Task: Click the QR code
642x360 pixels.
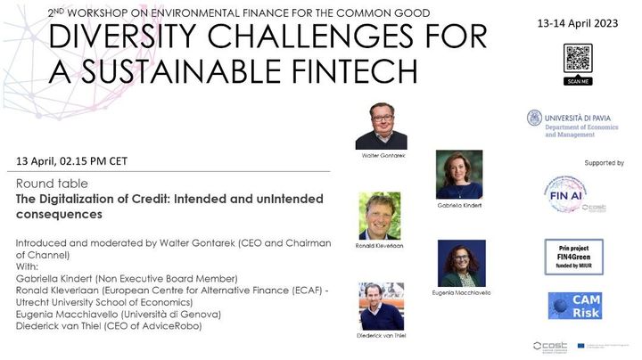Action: [579, 58]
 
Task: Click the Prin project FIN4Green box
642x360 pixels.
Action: [573, 256]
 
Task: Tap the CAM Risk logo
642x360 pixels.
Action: [574, 305]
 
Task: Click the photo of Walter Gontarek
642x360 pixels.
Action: [381, 126]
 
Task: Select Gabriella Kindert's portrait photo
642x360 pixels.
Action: [459, 174]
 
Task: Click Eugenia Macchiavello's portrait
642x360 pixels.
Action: [462, 262]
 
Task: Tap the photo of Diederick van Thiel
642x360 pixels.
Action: [381, 306]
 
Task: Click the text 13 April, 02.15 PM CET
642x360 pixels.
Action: [71, 161]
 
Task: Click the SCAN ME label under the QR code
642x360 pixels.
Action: [579, 82]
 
